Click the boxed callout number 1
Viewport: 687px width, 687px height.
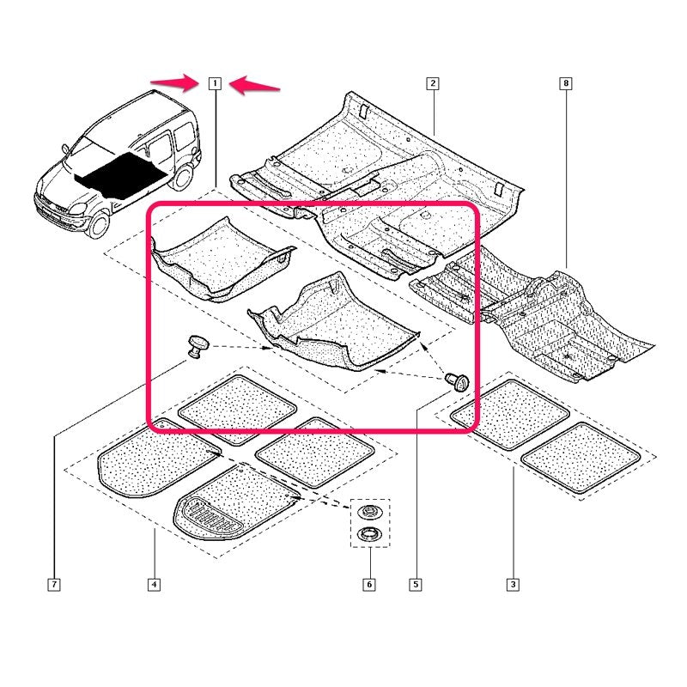coord(215,83)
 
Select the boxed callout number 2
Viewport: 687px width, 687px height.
coord(433,83)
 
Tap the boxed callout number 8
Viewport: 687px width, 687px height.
coord(566,83)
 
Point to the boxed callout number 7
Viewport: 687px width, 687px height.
coord(54,584)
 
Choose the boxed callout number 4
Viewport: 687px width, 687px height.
coord(154,584)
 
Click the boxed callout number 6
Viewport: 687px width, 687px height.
coord(369,584)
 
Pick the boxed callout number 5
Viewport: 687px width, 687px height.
coord(416,584)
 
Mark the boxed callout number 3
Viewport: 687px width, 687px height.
coord(513,584)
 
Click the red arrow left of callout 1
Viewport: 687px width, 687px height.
coord(174,82)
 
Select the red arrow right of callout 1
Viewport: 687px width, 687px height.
coord(254,84)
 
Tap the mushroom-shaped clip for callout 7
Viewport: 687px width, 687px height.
coord(198,346)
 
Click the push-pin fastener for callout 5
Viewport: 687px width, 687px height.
coord(457,381)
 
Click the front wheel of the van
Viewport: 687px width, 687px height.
coord(99,224)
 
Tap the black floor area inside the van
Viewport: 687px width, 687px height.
coord(120,174)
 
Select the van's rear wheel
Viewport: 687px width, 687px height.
coord(181,178)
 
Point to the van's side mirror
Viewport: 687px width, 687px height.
coord(66,149)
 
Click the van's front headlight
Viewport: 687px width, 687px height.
coord(77,209)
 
